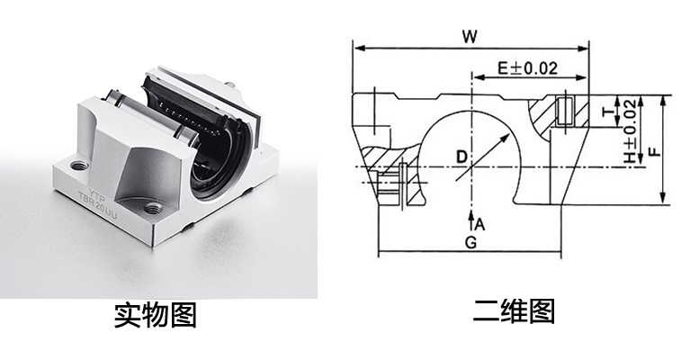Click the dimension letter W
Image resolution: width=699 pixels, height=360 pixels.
click(468, 37)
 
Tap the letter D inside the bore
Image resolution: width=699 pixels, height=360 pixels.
click(462, 157)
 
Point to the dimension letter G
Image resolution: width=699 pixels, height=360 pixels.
click(469, 244)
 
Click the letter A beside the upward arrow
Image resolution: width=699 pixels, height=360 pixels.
click(480, 223)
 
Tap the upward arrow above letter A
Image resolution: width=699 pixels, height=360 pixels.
click(470, 216)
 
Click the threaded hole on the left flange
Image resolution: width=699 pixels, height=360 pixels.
click(76, 165)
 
